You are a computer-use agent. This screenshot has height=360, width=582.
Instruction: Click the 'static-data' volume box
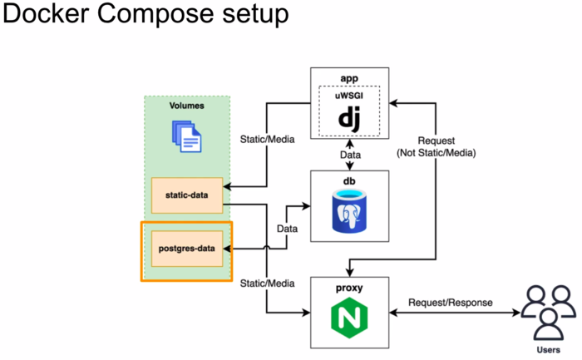click(187, 195)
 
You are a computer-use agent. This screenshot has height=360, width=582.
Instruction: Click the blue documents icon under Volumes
click(186, 136)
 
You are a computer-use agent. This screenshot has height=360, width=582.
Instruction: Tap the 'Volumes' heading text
click(186, 106)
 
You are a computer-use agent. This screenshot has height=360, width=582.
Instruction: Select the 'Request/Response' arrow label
click(450, 303)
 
